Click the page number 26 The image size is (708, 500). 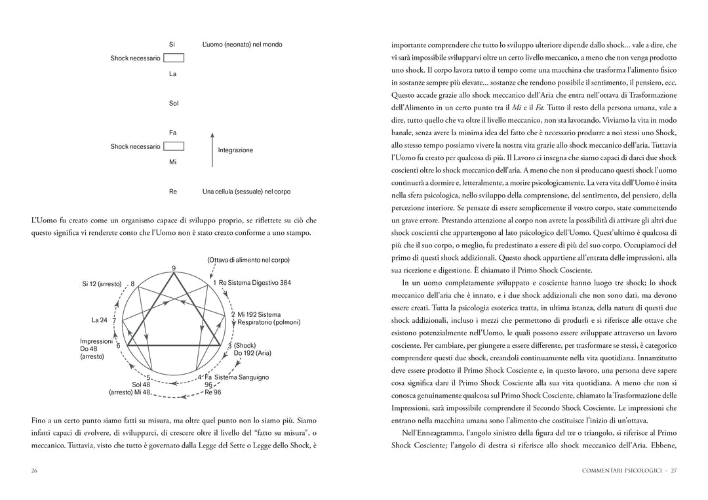point(33,470)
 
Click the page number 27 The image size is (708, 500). point(673,470)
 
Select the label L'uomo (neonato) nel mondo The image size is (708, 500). point(242,45)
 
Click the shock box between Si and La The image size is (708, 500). point(173,58)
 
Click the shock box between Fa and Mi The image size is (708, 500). point(173,146)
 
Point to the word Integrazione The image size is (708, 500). point(235,150)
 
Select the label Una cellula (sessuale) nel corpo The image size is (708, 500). point(246,192)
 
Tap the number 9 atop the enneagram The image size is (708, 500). point(174,268)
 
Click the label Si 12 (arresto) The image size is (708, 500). point(102,284)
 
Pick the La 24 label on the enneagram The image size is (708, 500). point(100,320)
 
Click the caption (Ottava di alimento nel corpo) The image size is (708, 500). point(248,260)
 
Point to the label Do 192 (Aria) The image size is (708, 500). point(252,353)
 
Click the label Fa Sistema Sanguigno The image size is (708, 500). point(237,377)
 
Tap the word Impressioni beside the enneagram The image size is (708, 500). point(96,341)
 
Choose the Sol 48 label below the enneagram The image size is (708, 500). point(141,385)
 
